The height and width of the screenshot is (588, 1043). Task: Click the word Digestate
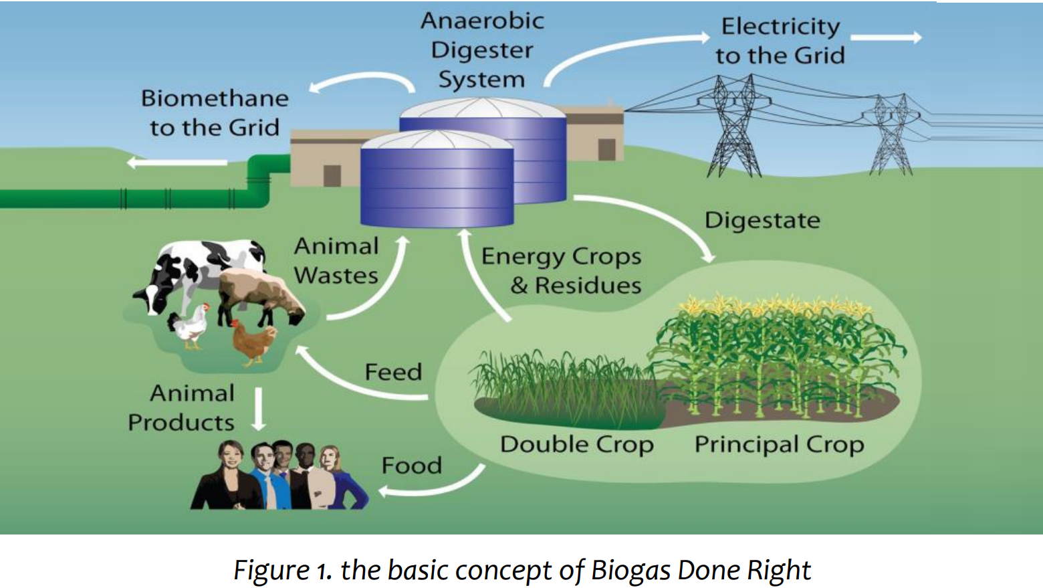tap(762, 220)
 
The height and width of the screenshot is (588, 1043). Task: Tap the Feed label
tap(393, 372)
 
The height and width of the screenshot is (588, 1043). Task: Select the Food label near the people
tap(411, 465)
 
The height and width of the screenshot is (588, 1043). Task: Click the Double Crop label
tap(576, 444)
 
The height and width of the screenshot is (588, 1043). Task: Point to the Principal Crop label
tap(779, 444)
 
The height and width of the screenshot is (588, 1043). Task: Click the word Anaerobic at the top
tap(482, 21)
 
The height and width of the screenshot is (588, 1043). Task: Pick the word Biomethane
tap(215, 98)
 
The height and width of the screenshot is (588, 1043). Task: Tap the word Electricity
tap(780, 26)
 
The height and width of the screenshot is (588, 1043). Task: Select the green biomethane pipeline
tap(134, 198)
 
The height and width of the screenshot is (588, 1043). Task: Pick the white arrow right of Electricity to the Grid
tap(885, 37)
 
